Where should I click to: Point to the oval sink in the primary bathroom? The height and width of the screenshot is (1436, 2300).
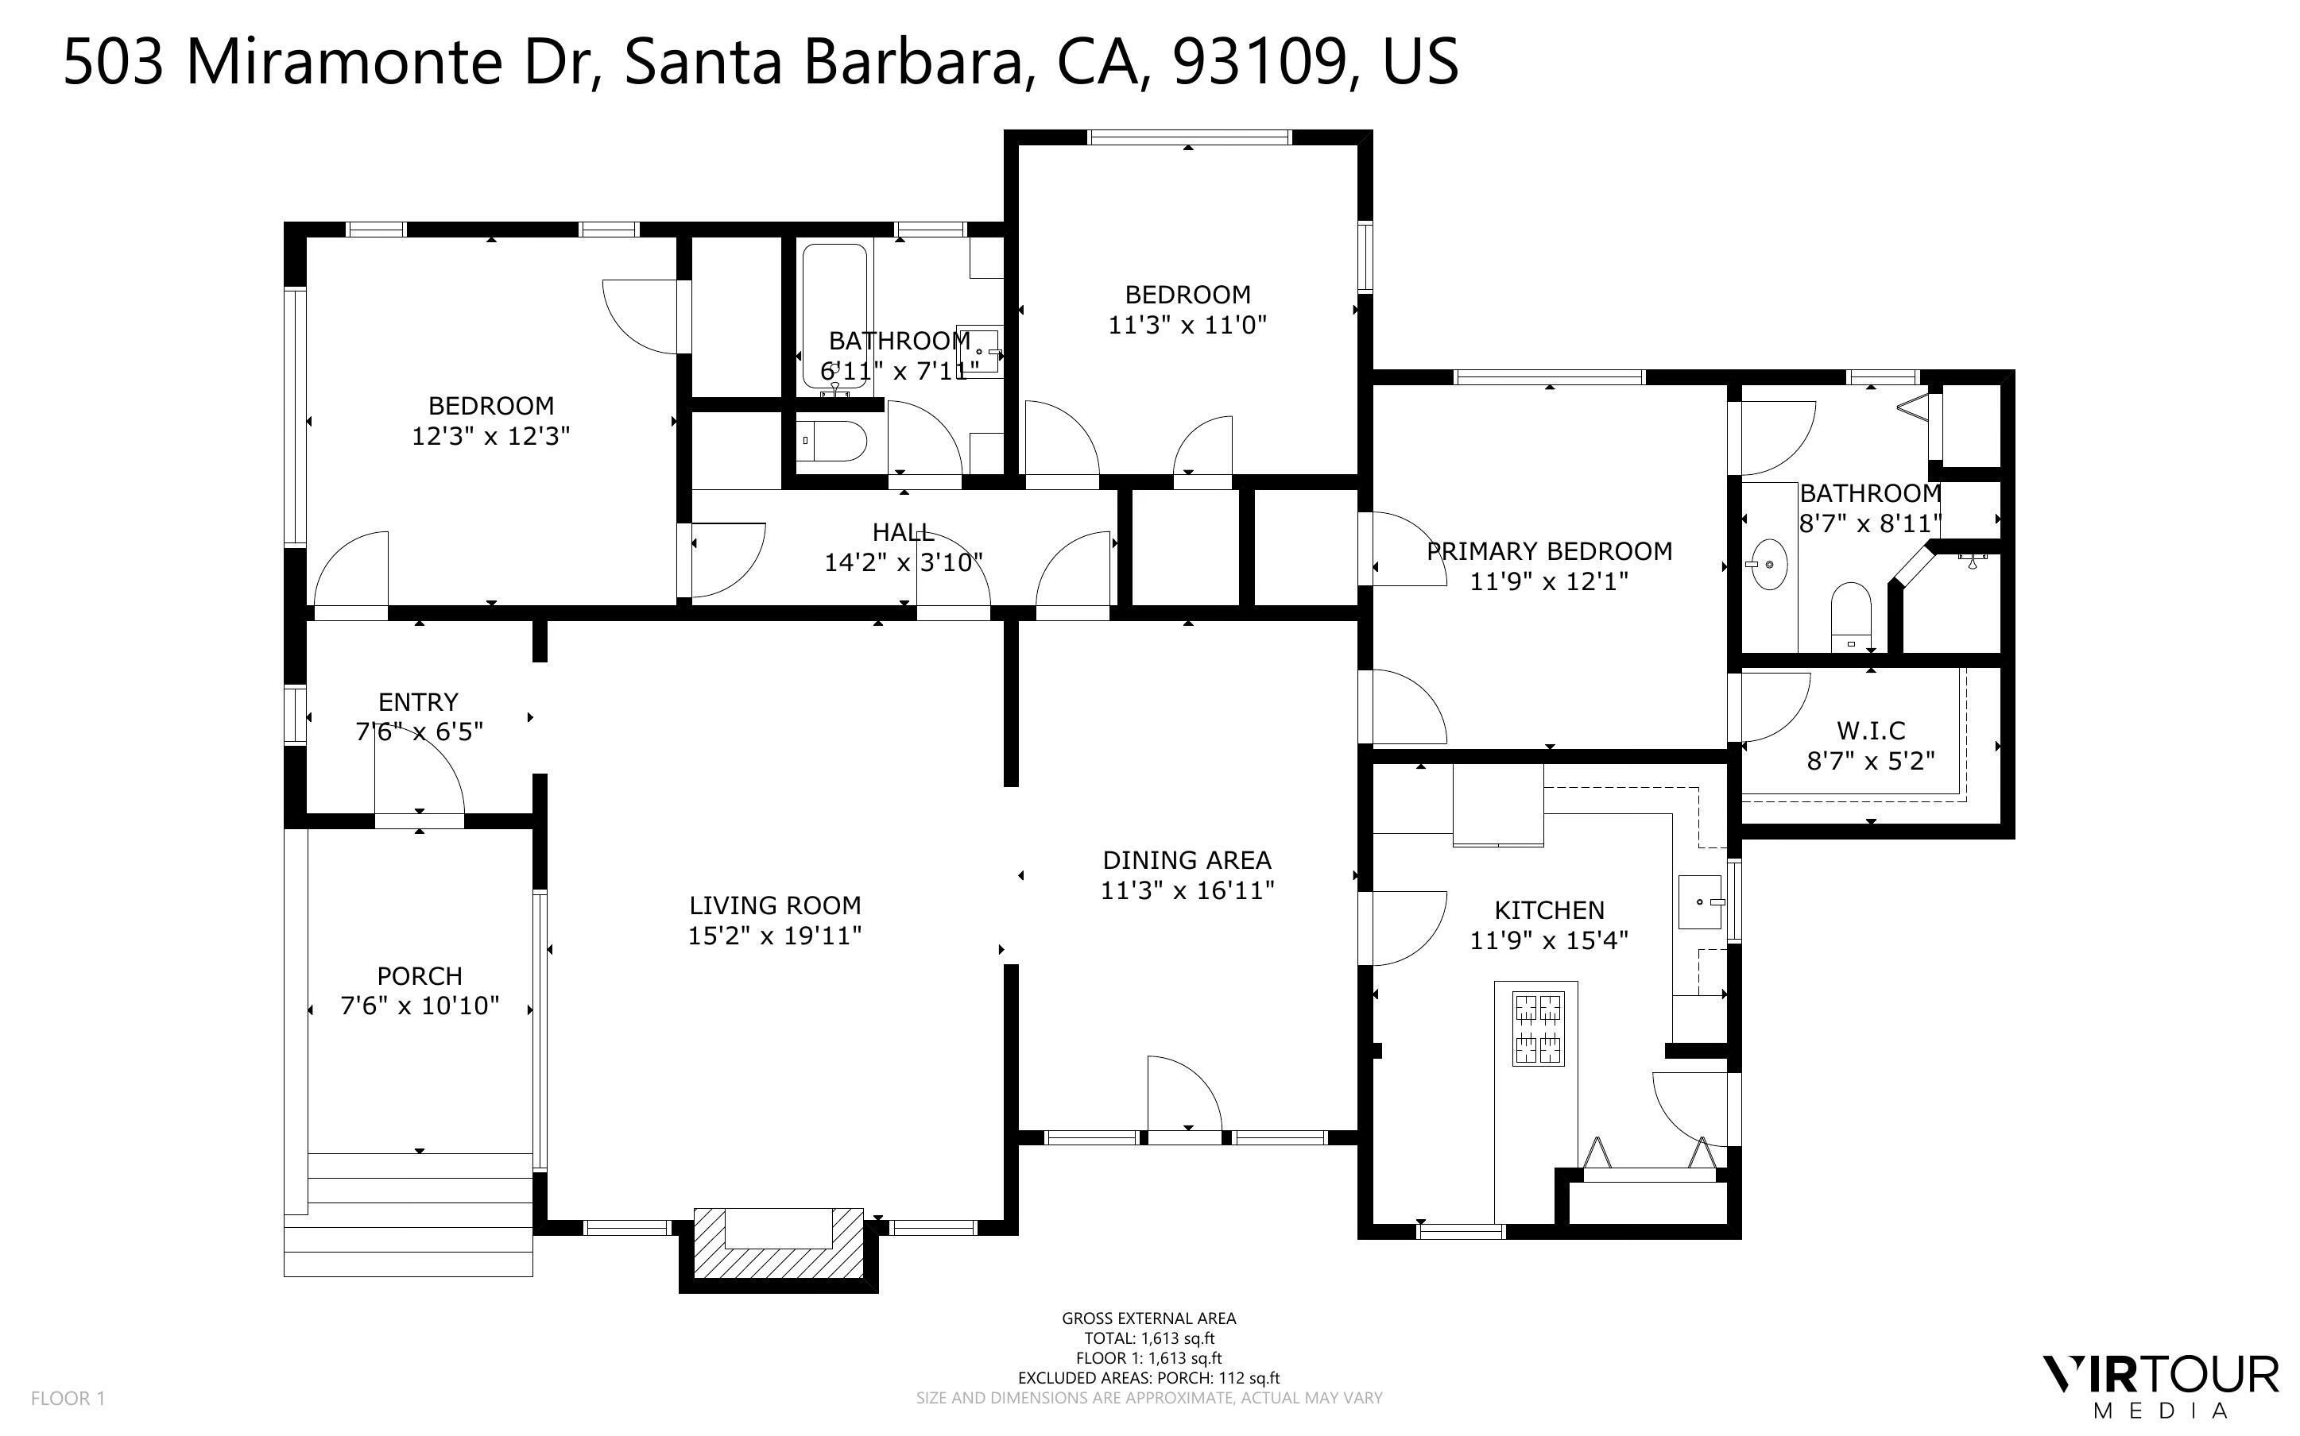1768,564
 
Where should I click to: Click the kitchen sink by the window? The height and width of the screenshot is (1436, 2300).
1700,901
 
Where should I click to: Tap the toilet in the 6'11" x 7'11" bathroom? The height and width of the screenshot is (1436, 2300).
832,442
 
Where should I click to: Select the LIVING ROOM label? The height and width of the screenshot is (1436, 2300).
774,905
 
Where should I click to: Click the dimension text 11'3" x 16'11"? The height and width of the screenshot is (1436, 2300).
1187,890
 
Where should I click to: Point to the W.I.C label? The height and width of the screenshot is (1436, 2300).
1869,731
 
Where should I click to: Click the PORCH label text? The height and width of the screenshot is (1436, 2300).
419,975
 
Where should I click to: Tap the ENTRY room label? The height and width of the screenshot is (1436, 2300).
418,702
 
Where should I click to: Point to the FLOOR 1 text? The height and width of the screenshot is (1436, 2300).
68,1398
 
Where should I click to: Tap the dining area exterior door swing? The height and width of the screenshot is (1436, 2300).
1183,1094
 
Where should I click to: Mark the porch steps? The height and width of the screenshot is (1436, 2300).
409,1216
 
